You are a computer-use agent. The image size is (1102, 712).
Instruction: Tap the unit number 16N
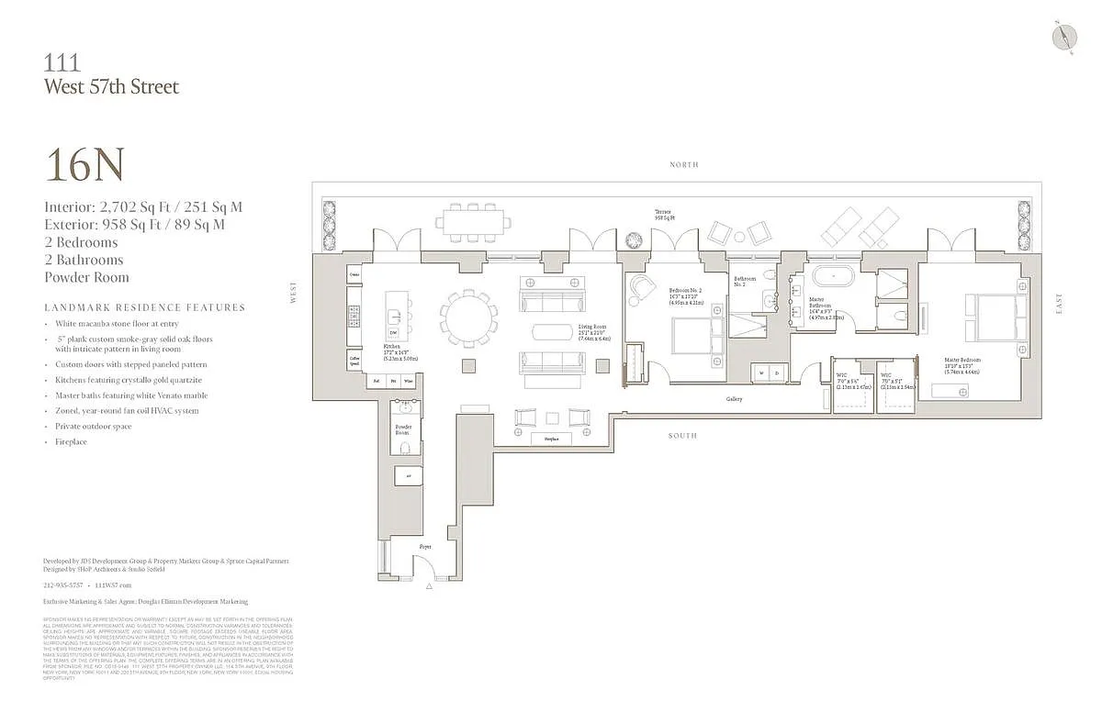84,165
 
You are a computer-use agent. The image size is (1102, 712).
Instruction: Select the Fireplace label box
551,439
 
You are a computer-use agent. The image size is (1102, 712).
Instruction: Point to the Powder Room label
404,428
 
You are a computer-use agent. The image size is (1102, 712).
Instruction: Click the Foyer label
425,546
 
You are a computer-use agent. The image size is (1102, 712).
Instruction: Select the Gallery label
734,399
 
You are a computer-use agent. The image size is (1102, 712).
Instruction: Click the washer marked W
761,373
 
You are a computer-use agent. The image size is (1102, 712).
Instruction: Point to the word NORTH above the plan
683,165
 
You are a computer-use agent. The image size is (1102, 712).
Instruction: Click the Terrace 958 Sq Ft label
665,215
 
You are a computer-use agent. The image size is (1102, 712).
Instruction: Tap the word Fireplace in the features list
71,442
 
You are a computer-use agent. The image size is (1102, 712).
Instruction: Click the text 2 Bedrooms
81,242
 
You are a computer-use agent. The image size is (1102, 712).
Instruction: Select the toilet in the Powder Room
404,448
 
